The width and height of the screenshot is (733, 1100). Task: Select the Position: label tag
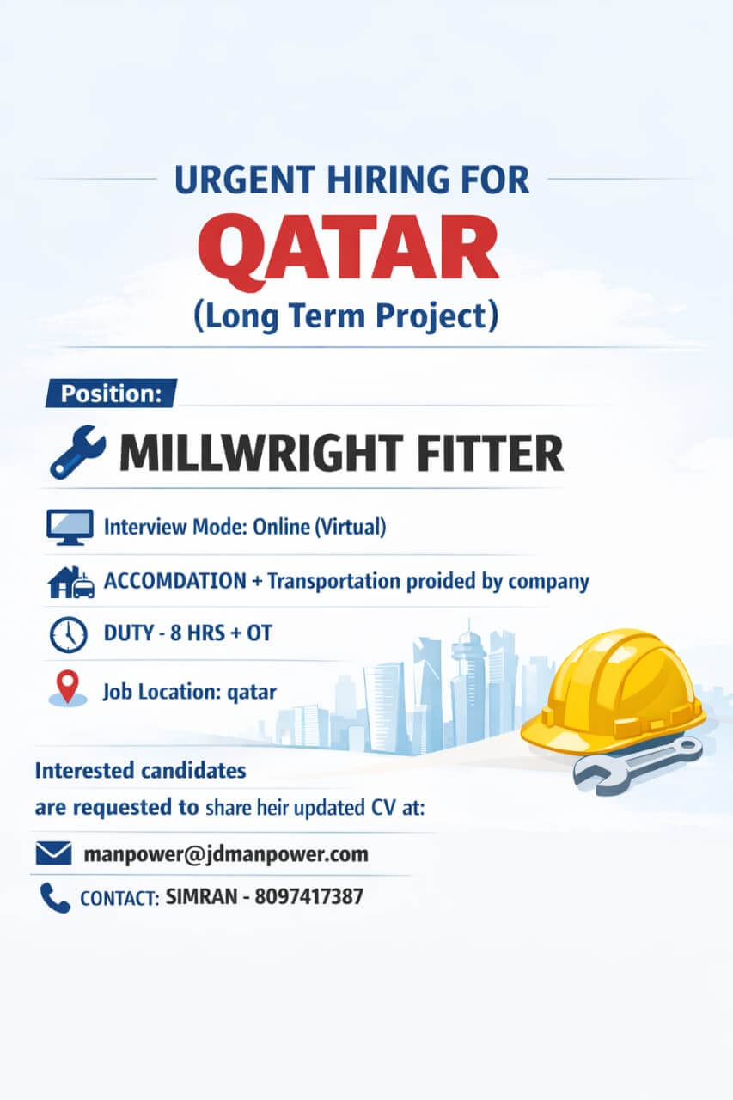111,394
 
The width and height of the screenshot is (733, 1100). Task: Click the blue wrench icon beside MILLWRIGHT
77,454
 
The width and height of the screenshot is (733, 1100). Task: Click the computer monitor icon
69,526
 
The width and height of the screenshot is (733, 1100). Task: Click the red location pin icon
68,687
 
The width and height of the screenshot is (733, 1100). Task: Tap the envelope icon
53,854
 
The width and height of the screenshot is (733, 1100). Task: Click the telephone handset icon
54,898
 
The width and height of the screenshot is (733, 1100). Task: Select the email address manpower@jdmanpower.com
226,854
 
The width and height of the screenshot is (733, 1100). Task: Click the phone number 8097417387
308,897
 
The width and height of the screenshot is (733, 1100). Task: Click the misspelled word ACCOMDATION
174,581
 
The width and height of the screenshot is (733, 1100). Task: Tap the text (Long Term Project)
345,317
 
